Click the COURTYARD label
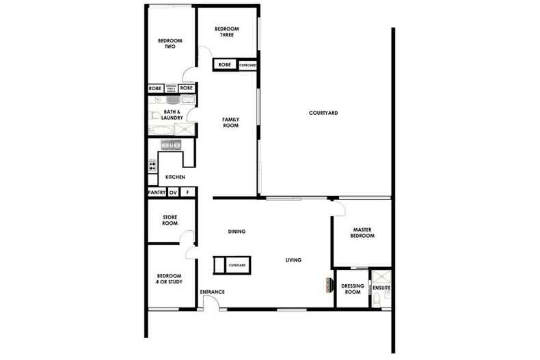[323, 113]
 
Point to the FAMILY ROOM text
[230, 122]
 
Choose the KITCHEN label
[175, 178]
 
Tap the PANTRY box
[157, 193]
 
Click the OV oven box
[173, 193]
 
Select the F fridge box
[187, 193]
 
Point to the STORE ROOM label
[170, 220]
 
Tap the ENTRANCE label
[212, 292]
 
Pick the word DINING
[237, 232]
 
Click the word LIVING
[294, 260]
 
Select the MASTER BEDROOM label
[362, 232]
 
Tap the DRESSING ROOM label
[351, 290]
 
